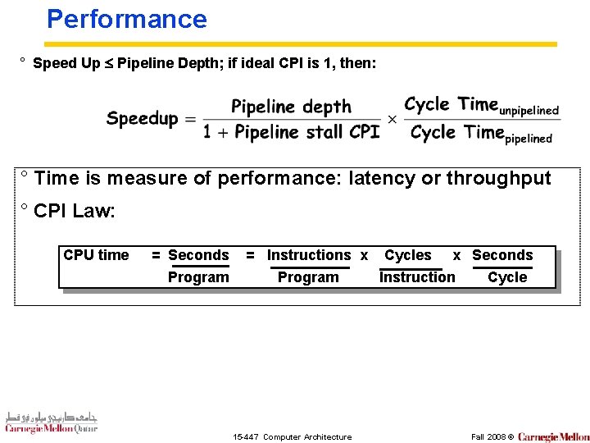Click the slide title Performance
pyautogui.click(x=127, y=19)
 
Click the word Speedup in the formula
pyautogui.click(x=142, y=119)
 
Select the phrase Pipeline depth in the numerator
pyautogui.click(x=291, y=107)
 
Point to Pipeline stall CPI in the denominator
pyautogui.click(x=306, y=132)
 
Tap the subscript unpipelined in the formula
pyautogui.click(x=529, y=110)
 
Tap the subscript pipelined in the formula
pyautogui.click(x=529, y=139)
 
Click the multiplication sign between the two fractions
pyautogui.click(x=392, y=120)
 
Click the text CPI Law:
pyautogui.click(x=75, y=211)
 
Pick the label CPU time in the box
pyautogui.click(x=96, y=255)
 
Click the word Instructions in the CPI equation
pyautogui.click(x=309, y=255)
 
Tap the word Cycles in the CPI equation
pyautogui.click(x=407, y=255)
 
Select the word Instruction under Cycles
pyautogui.click(x=417, y=277)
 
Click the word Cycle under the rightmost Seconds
pyautogui.click(x=507, y=277)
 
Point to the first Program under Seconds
pyautogui.click(x=198, y=277)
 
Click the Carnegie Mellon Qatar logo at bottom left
pyautogui.click(x=51, y=421)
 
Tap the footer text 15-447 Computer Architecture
pyautogui.click(x=293, y=436)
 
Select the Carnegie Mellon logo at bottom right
pyautogui.click(x=553, y=436)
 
